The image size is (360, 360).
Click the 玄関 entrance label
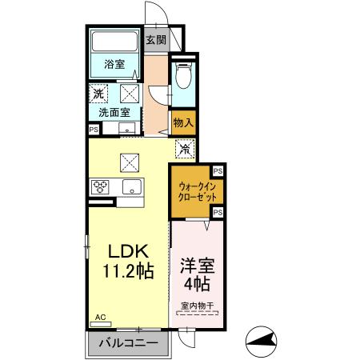(155, 41)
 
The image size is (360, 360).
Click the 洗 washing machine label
(98, 94)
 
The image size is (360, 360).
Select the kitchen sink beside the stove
(130, 187)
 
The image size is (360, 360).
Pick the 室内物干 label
(196, 305)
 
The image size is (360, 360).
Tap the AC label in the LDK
(100, 317)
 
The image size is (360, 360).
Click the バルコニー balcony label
(127, 346)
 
